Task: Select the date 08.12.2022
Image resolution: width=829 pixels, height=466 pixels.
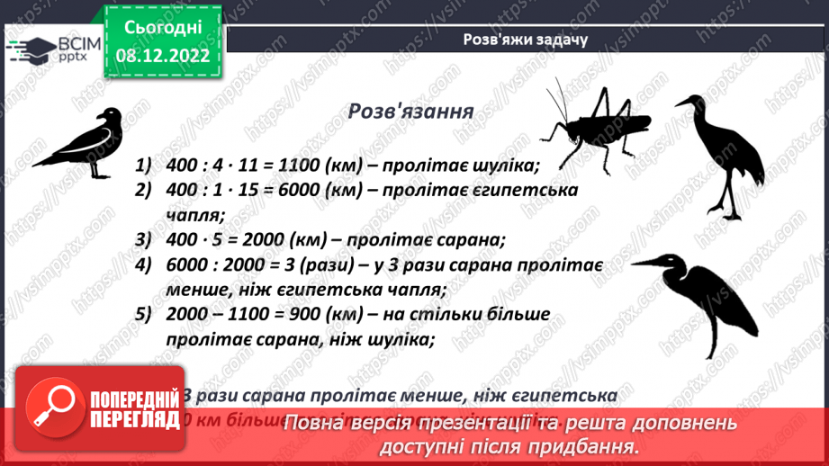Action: pyautogui.click(x=163, y=54)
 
